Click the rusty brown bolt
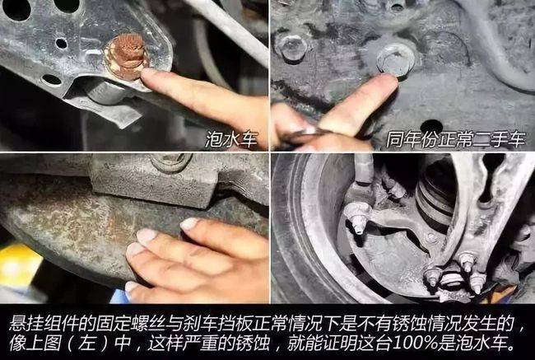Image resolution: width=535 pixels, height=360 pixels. [127, 56]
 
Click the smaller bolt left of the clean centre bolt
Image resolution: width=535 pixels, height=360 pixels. [293, 48]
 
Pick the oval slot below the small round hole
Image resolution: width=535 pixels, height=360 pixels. [52, 80]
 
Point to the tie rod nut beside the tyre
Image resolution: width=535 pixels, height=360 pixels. [356, 221]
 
